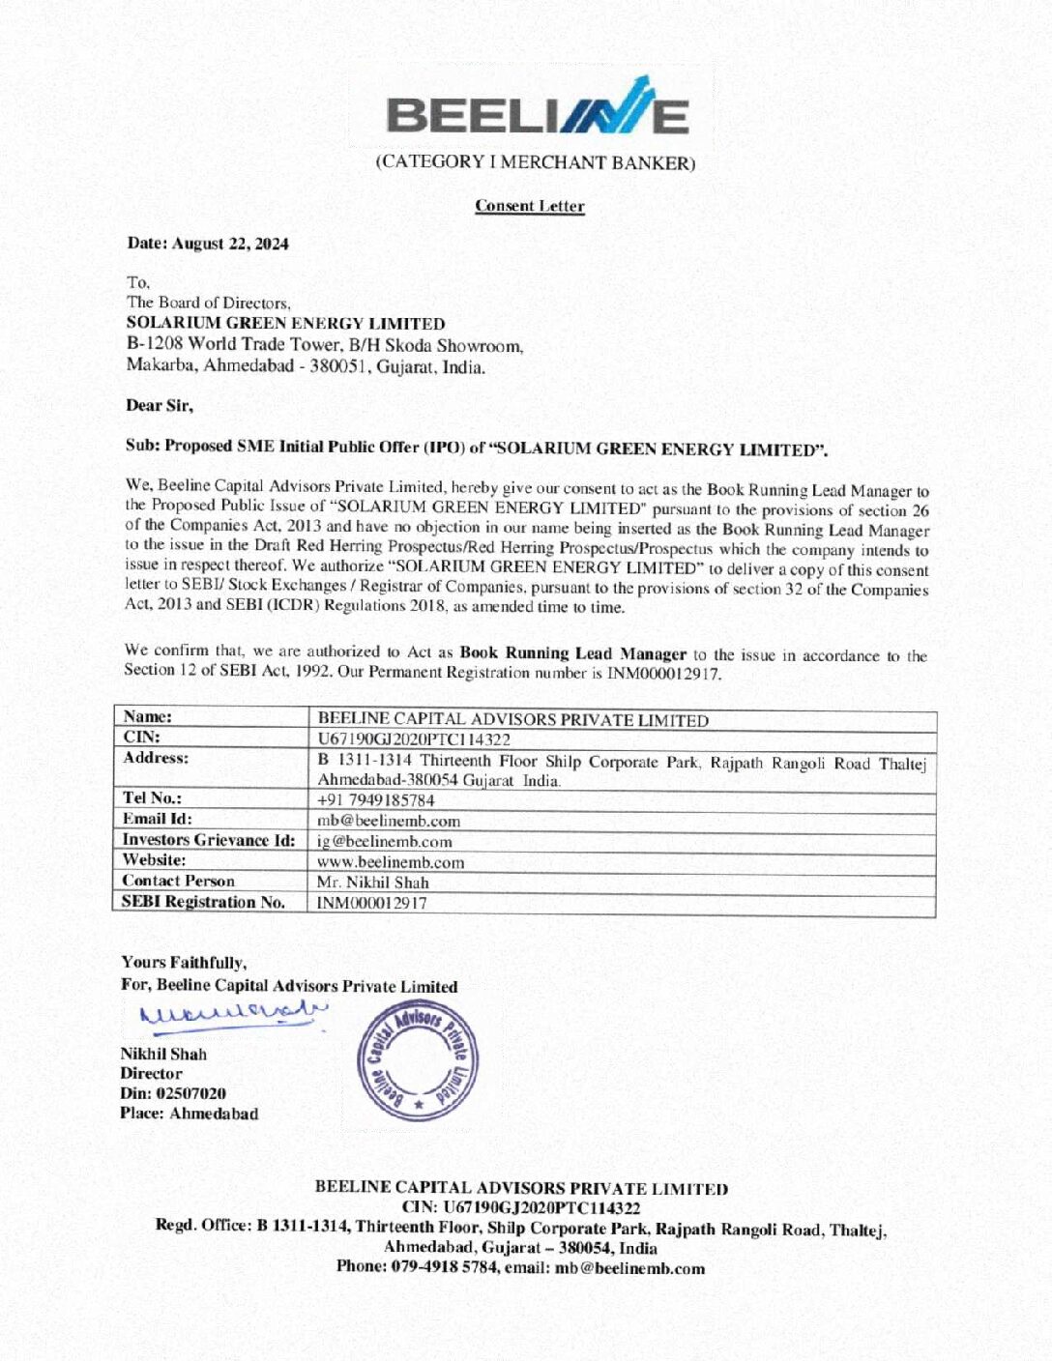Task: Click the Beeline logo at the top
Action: pos(538,108)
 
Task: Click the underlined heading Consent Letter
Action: pos(529,206)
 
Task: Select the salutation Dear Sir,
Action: pos(160,406)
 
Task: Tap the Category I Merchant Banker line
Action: pos(535,162)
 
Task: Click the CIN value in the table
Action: pos(414,739)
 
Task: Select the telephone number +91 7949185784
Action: pos(376,800)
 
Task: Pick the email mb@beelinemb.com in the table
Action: pos(389,821)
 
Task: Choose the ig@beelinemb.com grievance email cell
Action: pos(385,842)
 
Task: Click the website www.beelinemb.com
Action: pos(391,862)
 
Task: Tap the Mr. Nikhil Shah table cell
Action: pos(372,883)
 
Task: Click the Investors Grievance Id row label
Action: pos(209,840)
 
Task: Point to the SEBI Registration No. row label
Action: pos(203,902)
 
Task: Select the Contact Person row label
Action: pos(179,881)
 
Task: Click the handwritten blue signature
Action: pos(232,1014)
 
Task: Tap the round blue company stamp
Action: pos(417,1060)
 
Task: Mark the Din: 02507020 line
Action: pos(173,1093)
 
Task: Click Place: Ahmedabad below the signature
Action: pos(190,1114)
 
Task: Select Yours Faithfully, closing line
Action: pos(184,963)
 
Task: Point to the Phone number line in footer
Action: pos(520,1267)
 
